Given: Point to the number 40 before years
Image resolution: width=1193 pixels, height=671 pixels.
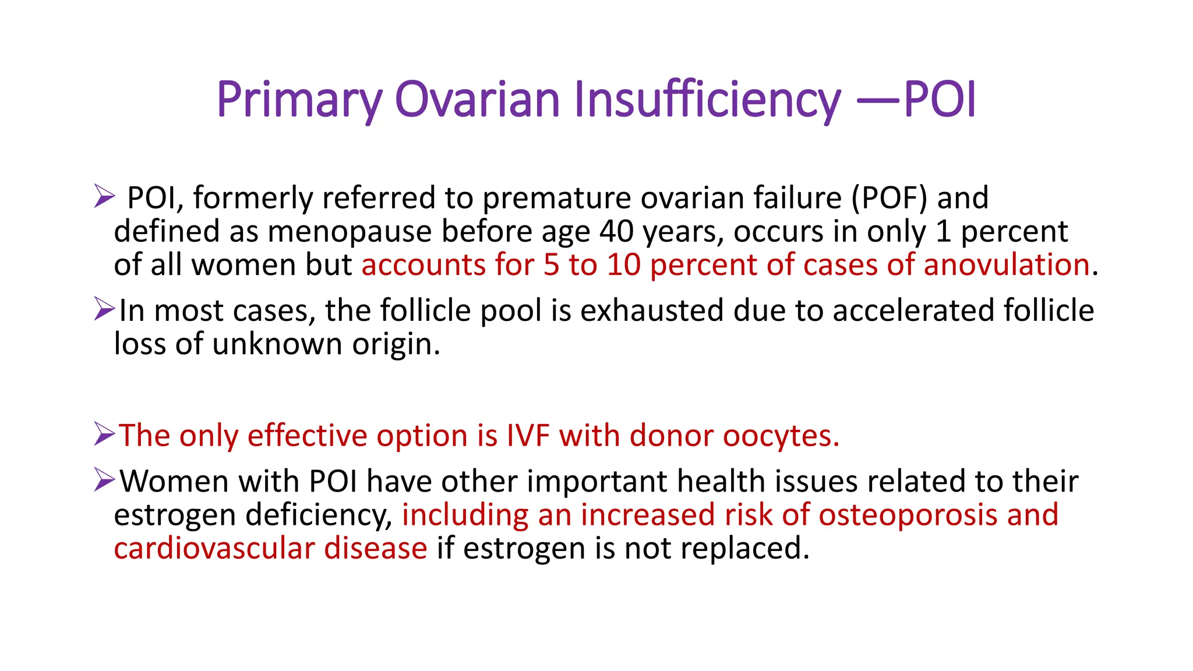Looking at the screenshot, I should (x=617, y=231).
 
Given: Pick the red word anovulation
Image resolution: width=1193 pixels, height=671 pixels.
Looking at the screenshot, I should (x=1006, y=265).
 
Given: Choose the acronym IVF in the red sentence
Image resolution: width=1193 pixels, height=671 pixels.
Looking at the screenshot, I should (x=528, y=436).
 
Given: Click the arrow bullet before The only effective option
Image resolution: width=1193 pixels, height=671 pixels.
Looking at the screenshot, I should (x=104, y=435).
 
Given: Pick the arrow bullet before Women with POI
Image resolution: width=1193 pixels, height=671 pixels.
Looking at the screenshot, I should (x=104, y=480).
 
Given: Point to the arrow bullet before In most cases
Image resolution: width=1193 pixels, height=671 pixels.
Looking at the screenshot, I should (x=104, y=309).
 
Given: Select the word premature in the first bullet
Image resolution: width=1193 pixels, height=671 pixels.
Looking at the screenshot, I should (x=556, y=199).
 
